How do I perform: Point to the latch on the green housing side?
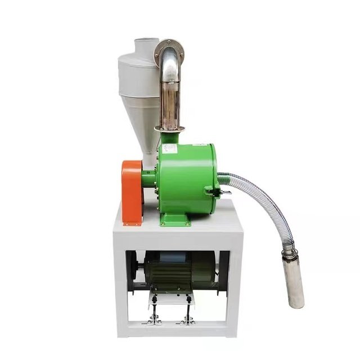pos(212,191)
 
